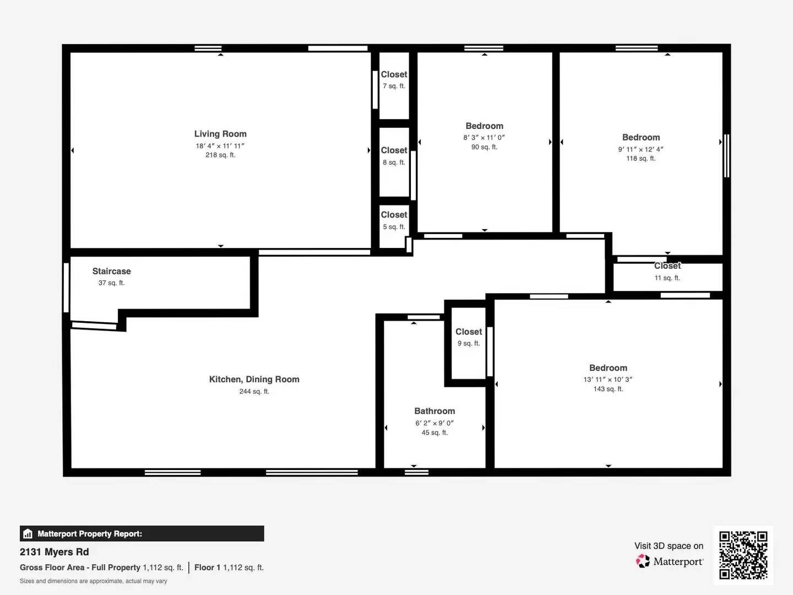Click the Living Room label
pos(220,134)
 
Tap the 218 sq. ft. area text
pos(220,155)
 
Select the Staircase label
pos(111,271)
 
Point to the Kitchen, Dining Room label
pos(254,379)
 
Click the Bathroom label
pos(434,411)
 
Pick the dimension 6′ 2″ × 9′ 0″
pos(434,423)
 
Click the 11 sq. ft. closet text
pos(667,278)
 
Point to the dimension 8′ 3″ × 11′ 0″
pos(484,138)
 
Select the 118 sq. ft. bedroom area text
pos(640,159)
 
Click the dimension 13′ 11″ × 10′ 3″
pos(608,380)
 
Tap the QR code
pos(743,555)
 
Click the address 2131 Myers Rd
pos(54,552)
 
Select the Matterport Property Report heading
pos(90,534)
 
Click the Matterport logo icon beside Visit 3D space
pos(643,561)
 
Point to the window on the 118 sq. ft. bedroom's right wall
pos(726,155)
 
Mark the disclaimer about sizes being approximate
pos(94,581)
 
